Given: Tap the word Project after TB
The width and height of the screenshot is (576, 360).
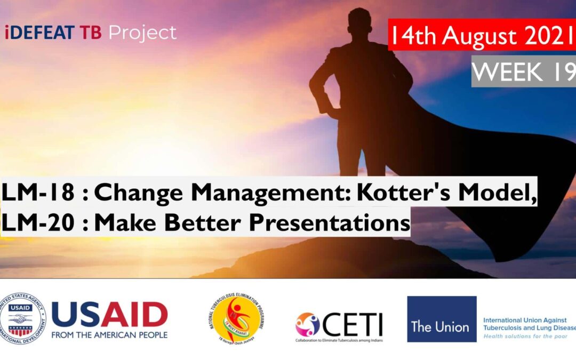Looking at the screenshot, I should (142, 33).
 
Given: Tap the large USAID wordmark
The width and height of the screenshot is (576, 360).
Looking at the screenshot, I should (109, 315).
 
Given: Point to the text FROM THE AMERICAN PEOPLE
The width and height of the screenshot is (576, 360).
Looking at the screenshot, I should (109, 335).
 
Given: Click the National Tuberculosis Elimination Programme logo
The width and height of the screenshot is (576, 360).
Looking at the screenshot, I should (236, 319).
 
